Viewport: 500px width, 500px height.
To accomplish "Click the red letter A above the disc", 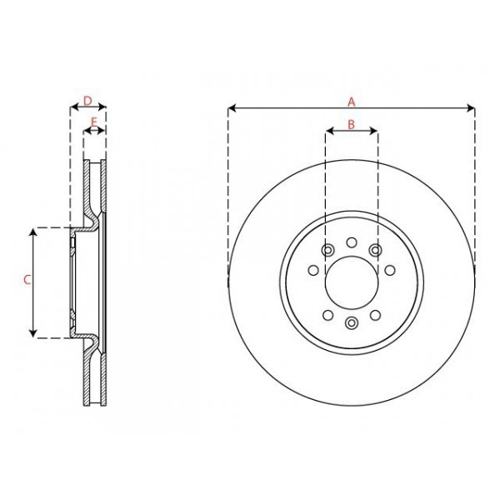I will click(x=352, y=101).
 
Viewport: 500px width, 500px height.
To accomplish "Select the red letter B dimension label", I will click(x=352, y=124).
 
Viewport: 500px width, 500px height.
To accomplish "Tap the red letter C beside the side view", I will click(x=26, y=282).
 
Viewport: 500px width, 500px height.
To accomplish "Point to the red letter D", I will click(x=87, y=101).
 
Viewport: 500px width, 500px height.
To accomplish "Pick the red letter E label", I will click(x=94, y=122).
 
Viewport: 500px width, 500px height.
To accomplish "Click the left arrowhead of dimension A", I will click(x=230, y=107).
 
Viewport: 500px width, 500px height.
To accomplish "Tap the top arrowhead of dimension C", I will click(x=33, y=230).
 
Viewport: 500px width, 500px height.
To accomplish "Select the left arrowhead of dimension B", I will click(x=328, y=131).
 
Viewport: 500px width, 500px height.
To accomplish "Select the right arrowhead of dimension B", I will click(x=375, y=131).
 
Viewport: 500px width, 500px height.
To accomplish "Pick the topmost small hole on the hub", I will click(x=351, y=243).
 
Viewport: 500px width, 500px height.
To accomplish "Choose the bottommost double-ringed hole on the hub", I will click(x=351, y=323).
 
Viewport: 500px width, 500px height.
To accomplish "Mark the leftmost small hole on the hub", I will click(x=312, y=269).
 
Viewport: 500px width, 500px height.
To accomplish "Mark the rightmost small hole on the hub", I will click(x=390, y=269).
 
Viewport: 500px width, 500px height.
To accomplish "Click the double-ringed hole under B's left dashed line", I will click(x=327, y=250).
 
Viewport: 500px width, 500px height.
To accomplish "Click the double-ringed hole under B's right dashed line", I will click(x=376, y=250).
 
